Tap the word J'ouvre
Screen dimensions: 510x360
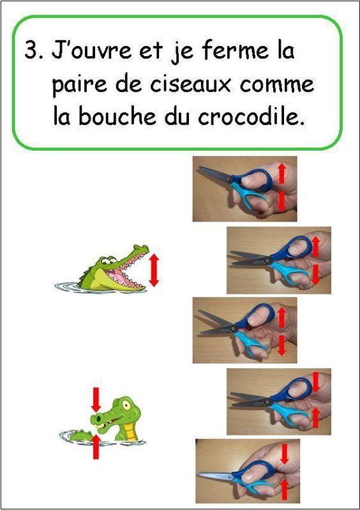tap(85, 51)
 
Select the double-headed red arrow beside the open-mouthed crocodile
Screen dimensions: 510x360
tap(153, 270)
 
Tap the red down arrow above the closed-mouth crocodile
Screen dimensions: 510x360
tap(96, 399)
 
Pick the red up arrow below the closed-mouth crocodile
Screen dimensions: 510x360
tap(96, 446)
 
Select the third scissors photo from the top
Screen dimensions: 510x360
tap(244, 330)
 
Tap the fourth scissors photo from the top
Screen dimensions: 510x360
tap(279, 401)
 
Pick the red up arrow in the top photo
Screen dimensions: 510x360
tap(281, 172)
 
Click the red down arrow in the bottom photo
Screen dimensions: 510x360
tap(285, 454)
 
